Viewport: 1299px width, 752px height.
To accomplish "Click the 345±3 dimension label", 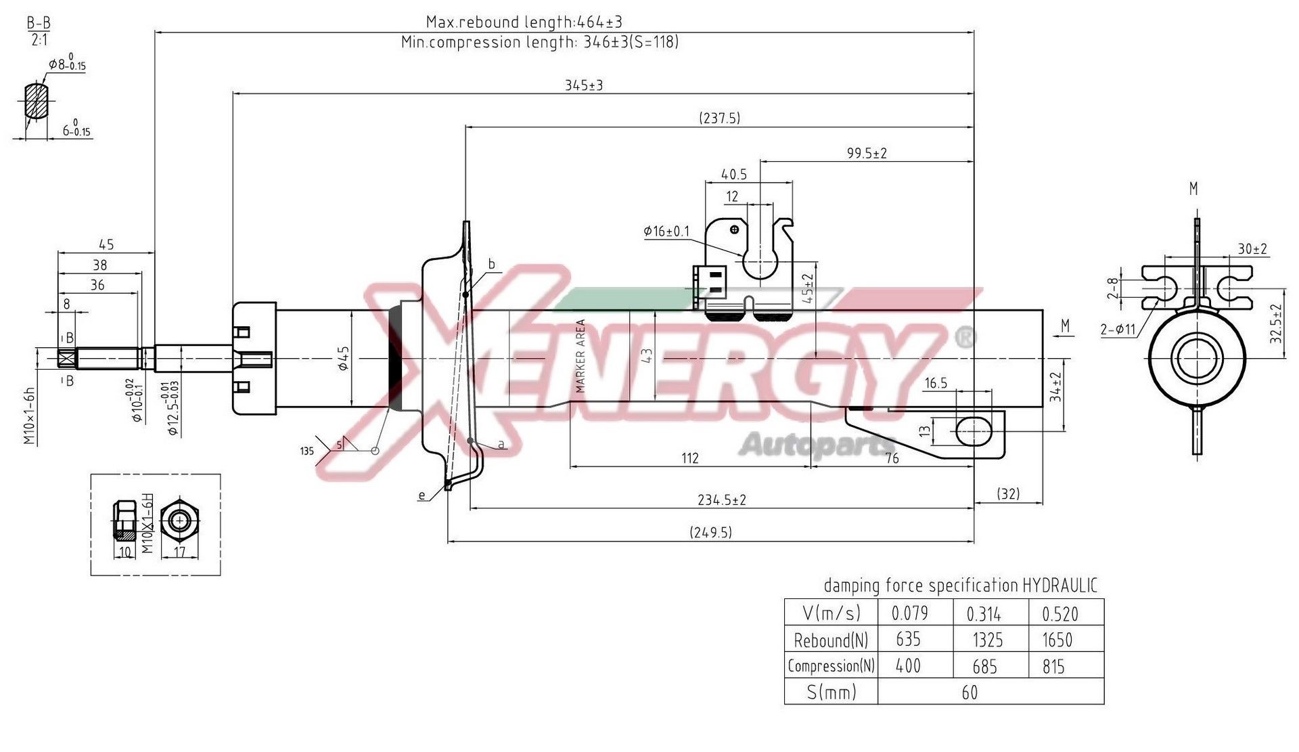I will tap(583, 85).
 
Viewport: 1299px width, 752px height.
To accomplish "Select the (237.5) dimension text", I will tap(719, 118).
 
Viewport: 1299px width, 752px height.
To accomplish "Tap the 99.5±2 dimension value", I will tap(866, 154).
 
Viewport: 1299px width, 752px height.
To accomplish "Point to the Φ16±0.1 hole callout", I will tap(666, 231).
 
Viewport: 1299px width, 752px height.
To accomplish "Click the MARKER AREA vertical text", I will tap(580, 356).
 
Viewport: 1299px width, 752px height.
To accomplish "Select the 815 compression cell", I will tap(1053, 667).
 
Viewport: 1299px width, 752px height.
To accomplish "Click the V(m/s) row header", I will tap(831, 613).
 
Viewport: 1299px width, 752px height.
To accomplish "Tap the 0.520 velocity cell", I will tap(1059, 614).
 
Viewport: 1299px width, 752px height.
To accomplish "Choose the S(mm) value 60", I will tap(969, 692).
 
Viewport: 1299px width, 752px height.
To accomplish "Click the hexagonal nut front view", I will tap(179, 521).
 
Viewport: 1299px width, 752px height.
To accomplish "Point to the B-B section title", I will tap(39, 23).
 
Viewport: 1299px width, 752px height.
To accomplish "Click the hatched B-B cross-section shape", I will tap(36, 101).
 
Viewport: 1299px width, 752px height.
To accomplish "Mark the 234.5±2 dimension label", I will tap(721, 500).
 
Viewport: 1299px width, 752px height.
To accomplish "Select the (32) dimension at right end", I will tap(1008, 493).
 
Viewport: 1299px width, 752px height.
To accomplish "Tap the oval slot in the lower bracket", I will tap(974, 430).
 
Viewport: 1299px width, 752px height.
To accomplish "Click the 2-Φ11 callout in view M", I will tap(1118, 330).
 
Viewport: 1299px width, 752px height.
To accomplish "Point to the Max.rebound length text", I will tap(524, 22).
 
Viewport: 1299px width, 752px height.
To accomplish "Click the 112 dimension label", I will tap(689, 458).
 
